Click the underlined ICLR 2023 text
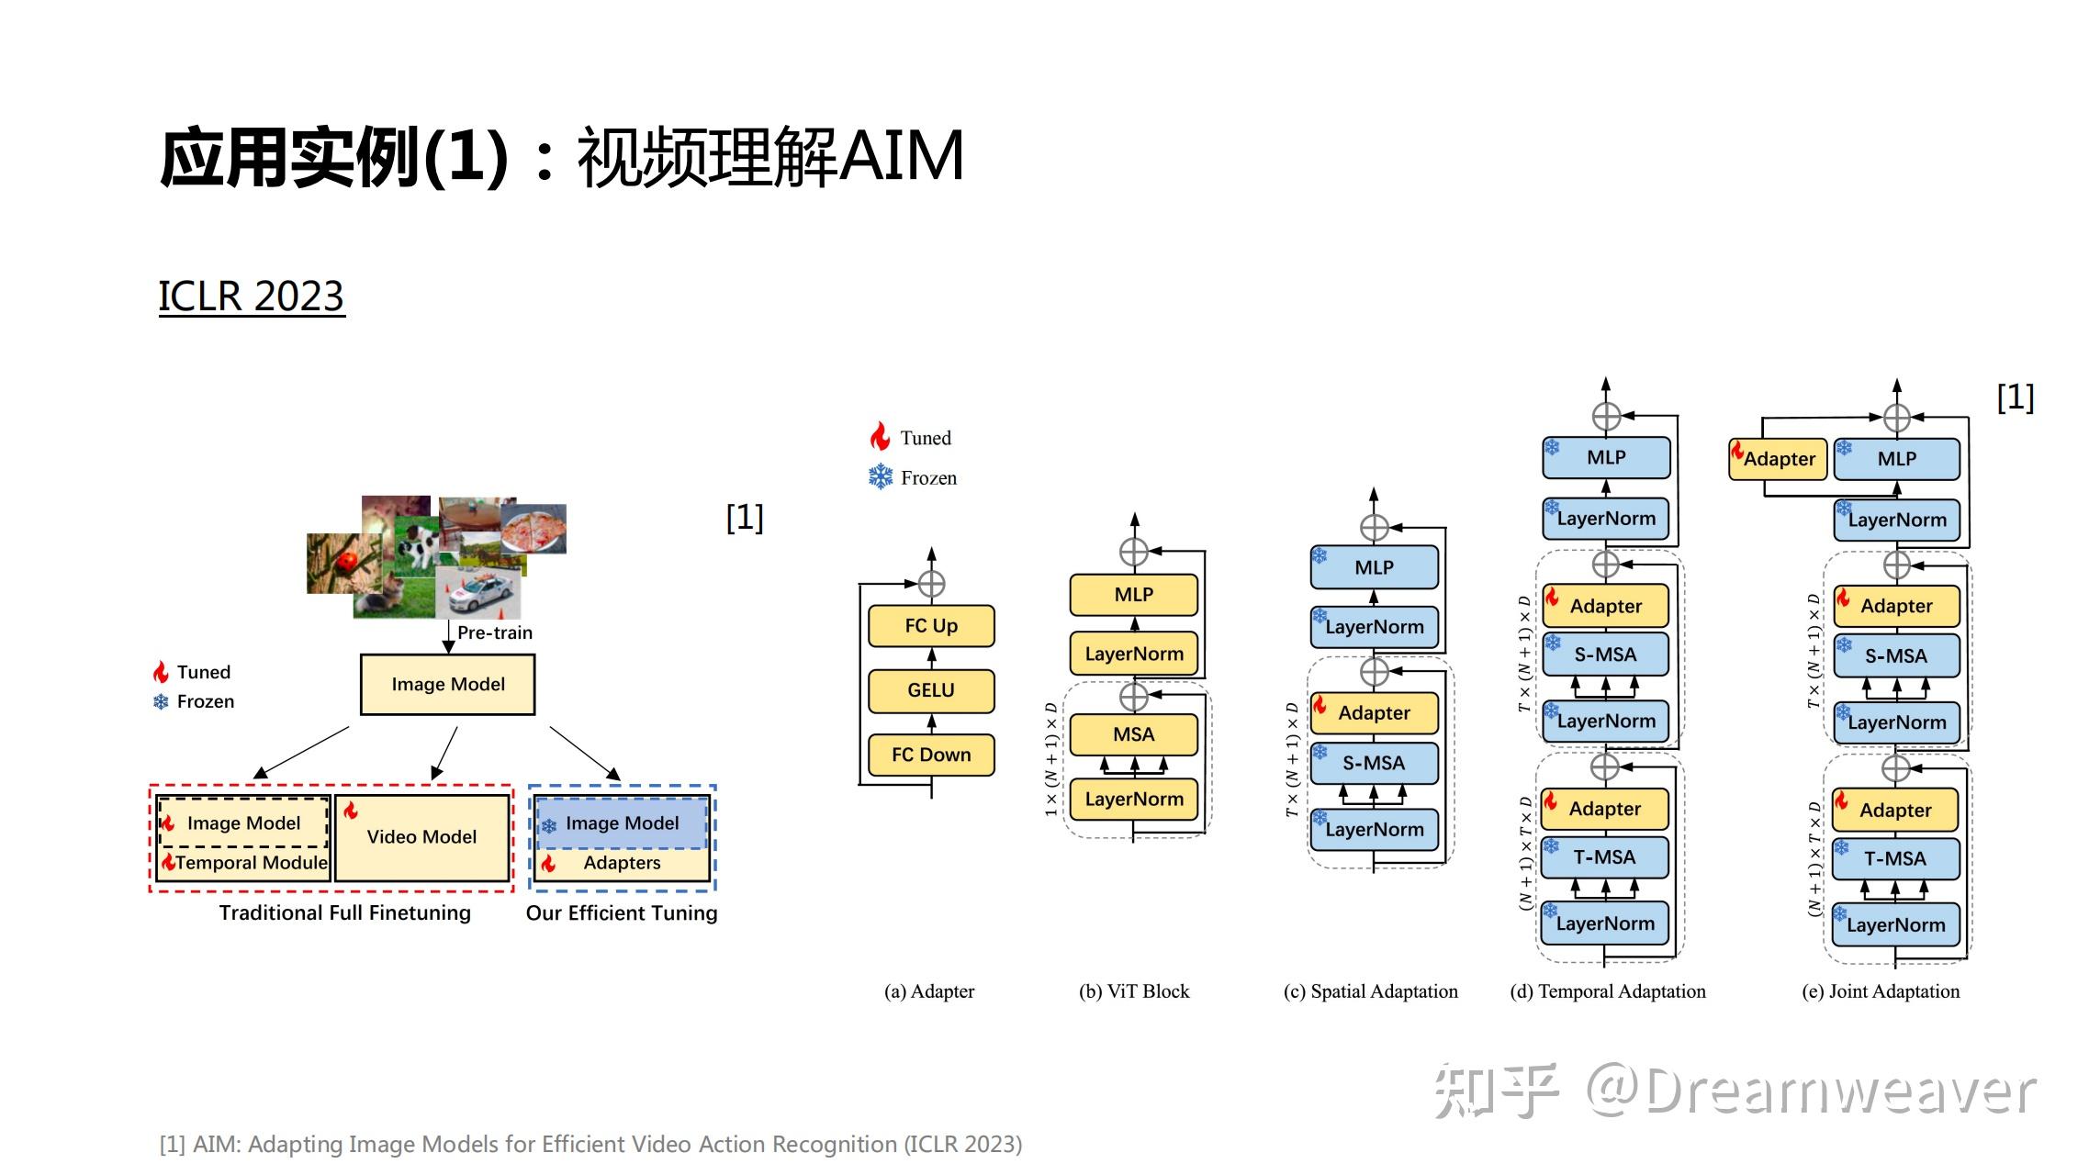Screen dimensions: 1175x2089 click(x=252, y=297)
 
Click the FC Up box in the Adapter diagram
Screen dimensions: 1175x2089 click(x=931, y=626)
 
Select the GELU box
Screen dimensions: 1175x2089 click(x=931, y=690)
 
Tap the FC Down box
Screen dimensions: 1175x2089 click(x=931, y=755)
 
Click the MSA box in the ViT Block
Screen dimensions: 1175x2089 click(x=1133, y=734)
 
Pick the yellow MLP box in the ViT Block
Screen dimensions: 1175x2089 click(x=1133, y=595)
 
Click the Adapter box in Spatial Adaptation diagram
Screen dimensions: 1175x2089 click(x=1374, y=713)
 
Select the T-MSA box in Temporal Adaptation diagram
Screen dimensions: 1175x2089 click(x=1604, y=857)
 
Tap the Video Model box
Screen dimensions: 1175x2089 click(x=421, y=837)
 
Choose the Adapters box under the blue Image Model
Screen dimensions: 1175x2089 click(x=622, y=863)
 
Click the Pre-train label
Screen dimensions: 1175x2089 click(x=494, y=632)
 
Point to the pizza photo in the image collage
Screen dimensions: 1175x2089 click(x=534, y=530)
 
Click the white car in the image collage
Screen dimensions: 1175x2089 click(x=477, y=593)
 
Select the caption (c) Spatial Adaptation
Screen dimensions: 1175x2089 click(x=1370, y=991)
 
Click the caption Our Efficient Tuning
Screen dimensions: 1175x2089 click(x=622, y=913)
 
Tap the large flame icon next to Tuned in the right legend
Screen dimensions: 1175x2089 click(x=880, y=437)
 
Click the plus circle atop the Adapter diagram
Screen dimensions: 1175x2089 click(x=931, y=584)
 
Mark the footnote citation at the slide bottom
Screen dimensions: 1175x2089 click(x=590, y=1145)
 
